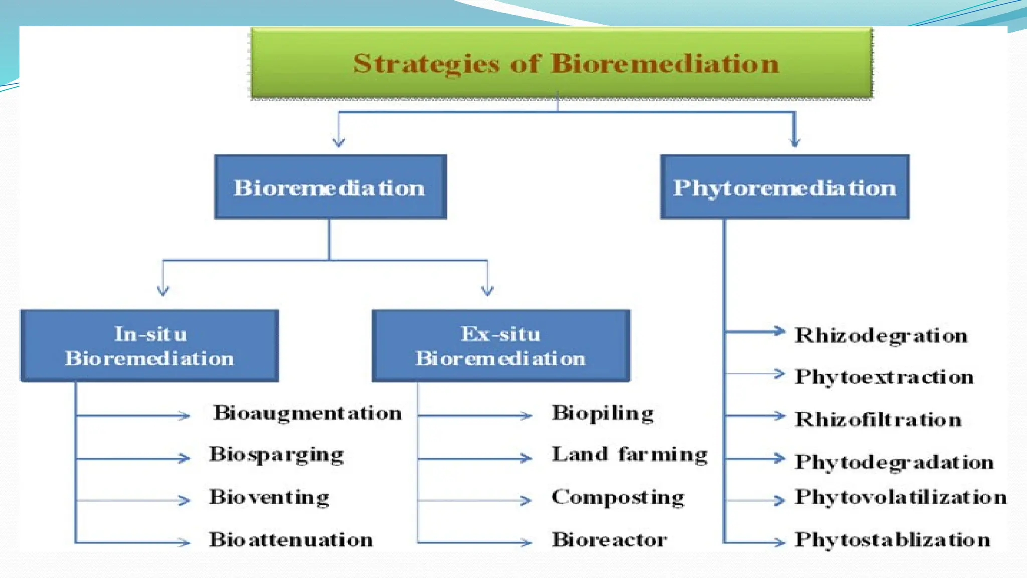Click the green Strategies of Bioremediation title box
(562, 63)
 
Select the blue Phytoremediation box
(785, 187)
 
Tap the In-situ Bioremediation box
(149, 346)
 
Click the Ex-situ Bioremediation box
(500, 346)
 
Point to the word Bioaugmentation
(307, 413)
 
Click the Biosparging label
(276, 455)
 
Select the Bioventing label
(269, 497)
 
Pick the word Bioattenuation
(291, 540)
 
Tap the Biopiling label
(603, 414)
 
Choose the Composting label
(618, 497)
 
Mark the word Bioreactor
(609, 540)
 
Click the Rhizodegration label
(881, 335)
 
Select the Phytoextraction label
(884, 377)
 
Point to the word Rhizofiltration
(878, 419)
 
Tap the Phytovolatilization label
(901, 497)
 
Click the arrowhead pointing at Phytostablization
(779, 542)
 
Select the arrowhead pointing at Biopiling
(526, 416)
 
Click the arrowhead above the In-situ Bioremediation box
(163, 291)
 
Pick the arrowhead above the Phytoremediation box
(794, 142)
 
